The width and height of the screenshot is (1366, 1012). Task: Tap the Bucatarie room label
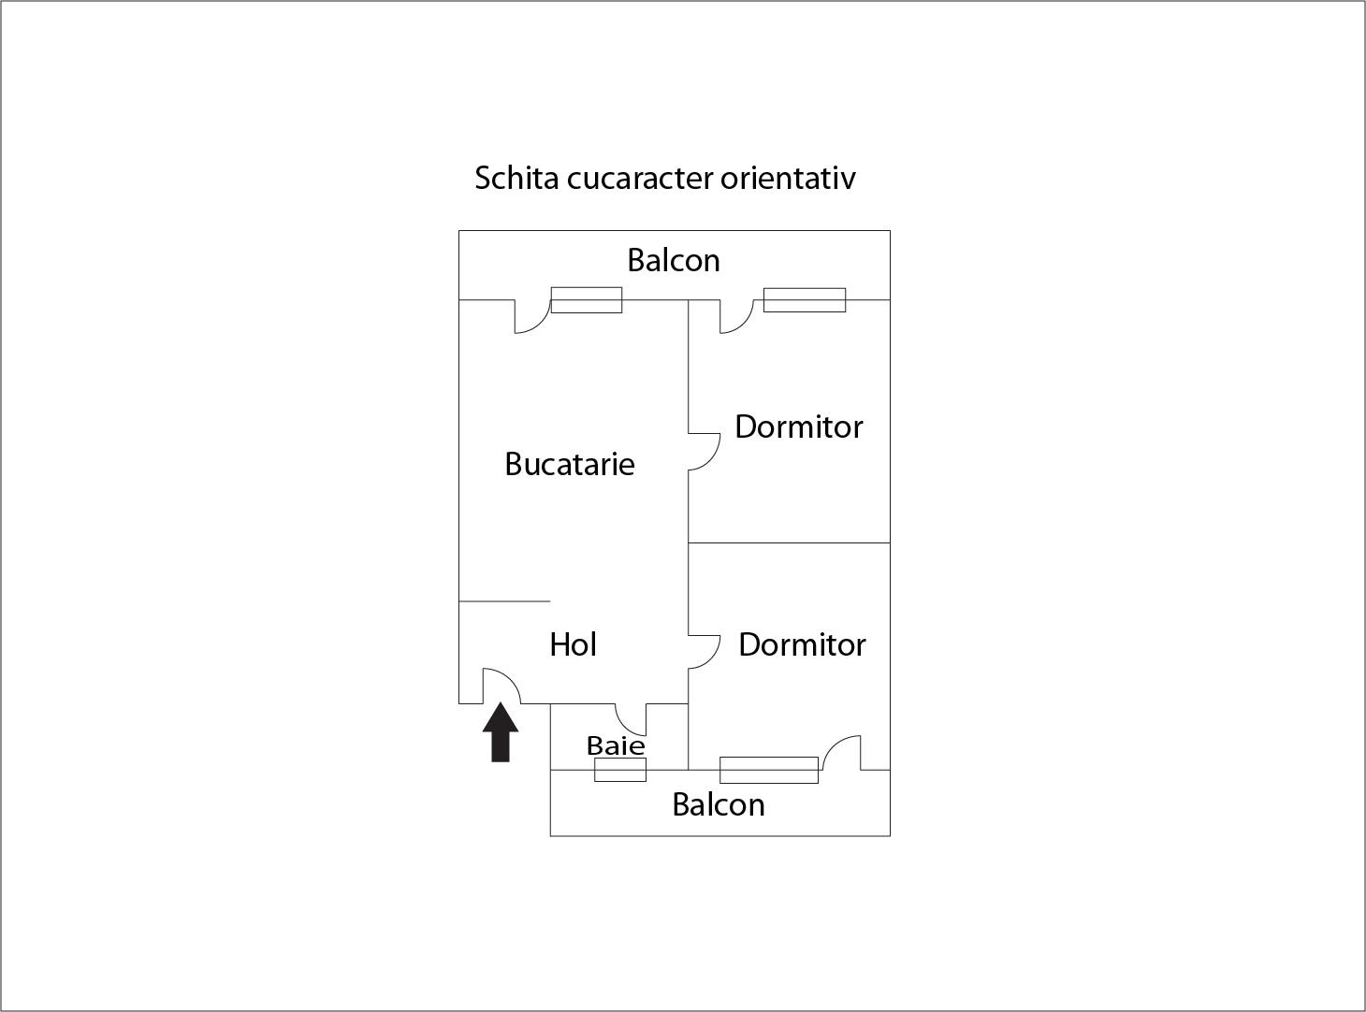pyautogui.click(x=570, y=465)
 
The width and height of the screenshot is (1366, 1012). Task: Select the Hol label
pyautogui.click(x=573, y=645)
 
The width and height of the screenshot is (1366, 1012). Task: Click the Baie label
pyautogui.click(x=616, y=746)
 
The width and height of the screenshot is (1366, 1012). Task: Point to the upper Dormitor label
pyautogui.click(x=799, y=426)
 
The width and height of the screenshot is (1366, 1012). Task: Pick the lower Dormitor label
pyautogui.click(x=802, y=645)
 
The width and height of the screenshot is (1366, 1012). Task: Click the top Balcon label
pyautogui.click(x=674, y=261)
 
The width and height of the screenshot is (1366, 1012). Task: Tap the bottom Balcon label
pyautogui.click(x=719, y=805)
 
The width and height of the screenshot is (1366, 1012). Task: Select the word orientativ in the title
pyautogui.click(x=788, y=178)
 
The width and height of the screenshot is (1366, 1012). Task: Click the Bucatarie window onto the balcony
pyautogui.click(x=587, y=300)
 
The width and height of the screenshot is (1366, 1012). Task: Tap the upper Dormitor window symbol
pyautogui.click(x=805, y=300)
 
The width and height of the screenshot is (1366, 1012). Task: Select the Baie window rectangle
pyautogui.click(x=620, y=770)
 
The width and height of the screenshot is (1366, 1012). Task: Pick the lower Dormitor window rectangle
pyautogui.click(x=768, y=770)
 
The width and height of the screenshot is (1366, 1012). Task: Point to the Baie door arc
pyautogui.click(x=625, y=727)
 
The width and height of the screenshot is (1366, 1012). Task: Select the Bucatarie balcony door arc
pyautogui.click(x=540, y=324)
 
